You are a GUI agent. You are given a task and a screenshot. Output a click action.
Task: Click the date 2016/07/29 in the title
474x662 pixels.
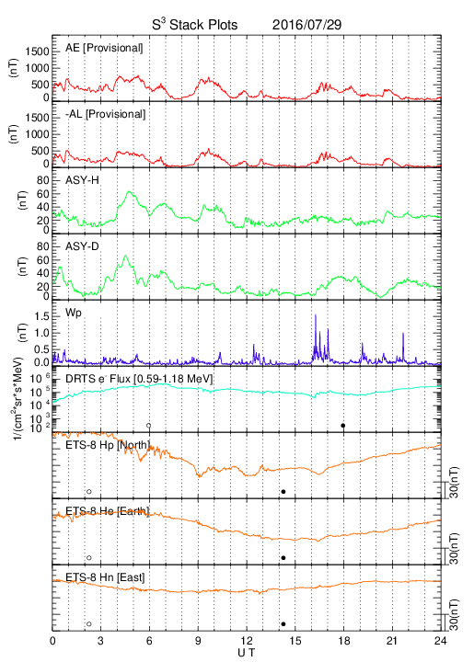(306, 25)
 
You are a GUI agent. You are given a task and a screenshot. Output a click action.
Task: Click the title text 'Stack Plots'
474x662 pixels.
(203, 25)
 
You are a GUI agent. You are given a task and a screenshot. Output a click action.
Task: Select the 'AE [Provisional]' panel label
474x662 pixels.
(104, 48)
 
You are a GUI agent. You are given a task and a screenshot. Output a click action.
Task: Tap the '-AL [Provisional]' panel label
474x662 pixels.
(105, 114)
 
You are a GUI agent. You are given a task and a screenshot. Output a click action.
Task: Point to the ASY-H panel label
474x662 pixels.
(82, 180)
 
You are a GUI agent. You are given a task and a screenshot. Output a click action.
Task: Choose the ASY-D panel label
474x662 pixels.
(82, 246)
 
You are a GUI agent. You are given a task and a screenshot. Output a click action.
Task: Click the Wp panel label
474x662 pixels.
(73, 313)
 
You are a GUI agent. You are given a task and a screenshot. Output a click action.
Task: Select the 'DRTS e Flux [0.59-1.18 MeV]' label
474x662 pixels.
(139, 379)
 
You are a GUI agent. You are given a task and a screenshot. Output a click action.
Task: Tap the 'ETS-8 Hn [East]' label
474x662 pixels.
(105, 577)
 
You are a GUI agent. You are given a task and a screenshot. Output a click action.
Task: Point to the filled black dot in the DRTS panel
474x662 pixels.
(343, 426)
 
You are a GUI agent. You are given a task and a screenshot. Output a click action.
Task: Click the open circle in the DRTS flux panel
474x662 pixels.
(149, 426)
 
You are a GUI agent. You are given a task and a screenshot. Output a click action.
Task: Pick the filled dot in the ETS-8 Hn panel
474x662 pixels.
(283, 624)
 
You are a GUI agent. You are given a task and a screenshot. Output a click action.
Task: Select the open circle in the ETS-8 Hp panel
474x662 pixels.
(89, 491)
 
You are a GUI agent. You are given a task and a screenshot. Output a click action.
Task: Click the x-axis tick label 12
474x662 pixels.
(247, 641)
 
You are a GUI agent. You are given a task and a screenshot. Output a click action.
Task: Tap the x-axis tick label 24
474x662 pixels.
(441, 641)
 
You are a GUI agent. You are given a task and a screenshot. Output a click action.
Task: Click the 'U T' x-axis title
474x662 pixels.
(247, 653)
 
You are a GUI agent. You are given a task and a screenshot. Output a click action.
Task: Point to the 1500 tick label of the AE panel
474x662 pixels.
(37, 51)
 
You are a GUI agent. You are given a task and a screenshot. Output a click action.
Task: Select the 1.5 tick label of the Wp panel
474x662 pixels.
(41, 316)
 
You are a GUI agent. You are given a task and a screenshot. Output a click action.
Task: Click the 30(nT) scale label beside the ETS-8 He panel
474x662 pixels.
(454, 549)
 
